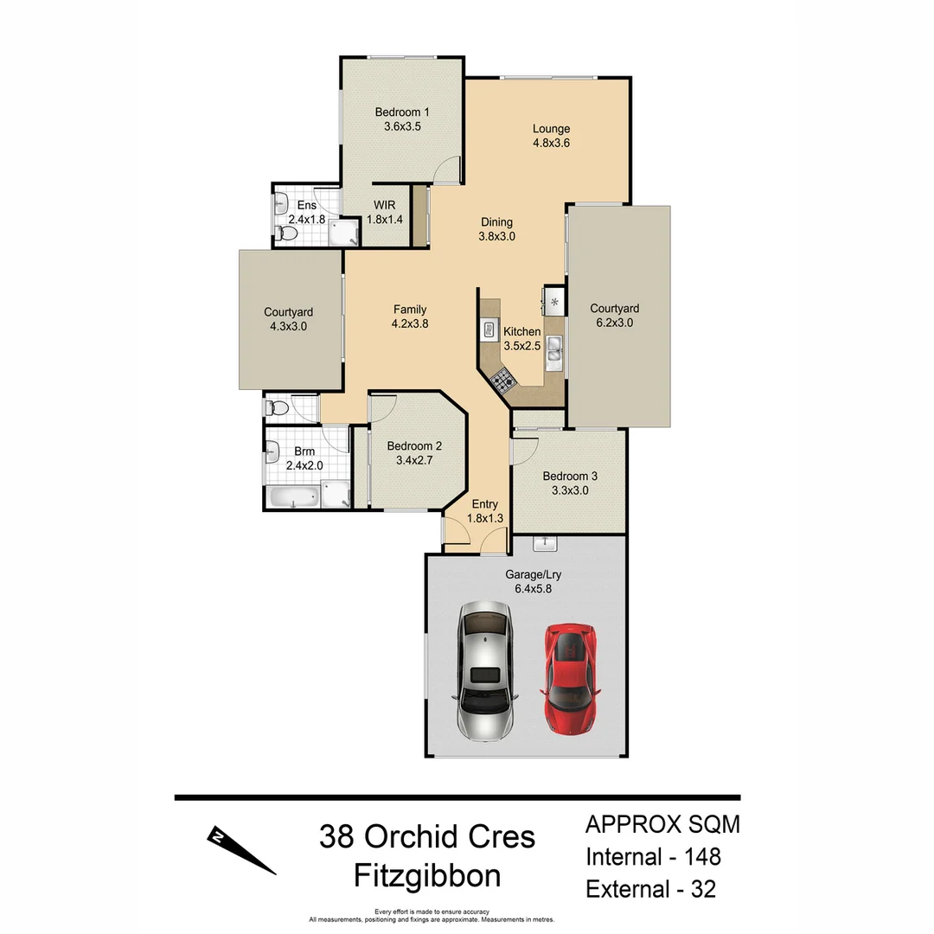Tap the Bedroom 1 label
401,112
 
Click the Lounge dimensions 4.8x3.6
551,144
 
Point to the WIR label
384,205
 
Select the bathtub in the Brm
292,497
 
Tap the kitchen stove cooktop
502,378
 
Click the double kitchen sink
553,351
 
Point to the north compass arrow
240,850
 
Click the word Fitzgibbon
427,876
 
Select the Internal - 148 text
653,857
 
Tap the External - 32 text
650,889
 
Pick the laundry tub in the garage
545,543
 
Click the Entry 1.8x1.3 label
484,511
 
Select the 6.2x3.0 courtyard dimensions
614,323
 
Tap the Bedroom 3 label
569,476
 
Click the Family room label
409,310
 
